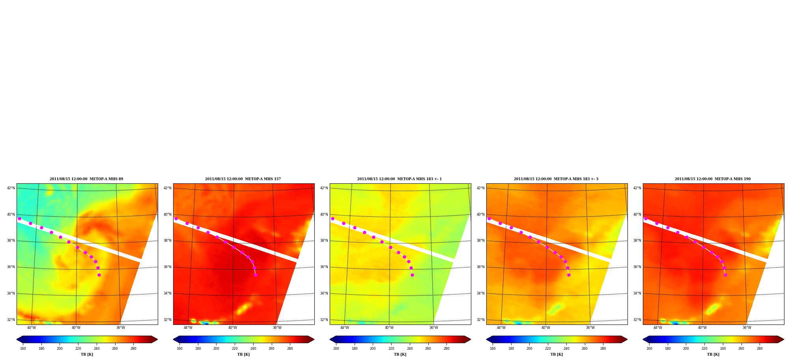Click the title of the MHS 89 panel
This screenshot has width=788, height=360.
click(x=86, y=179)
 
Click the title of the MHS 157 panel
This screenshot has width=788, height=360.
click(x=243, y=179)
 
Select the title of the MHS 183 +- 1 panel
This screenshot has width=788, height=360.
click(x=400, y=179)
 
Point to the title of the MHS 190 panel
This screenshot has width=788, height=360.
click(x=713, y=179)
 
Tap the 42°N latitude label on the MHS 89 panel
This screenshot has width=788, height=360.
click(x=11, y=188)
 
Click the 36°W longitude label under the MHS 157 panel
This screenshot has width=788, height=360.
click(x=277, y=328)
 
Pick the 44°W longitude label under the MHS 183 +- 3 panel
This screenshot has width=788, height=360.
click(x=501, y=328)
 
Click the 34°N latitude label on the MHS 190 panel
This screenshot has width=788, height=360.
click(x=637, y=293)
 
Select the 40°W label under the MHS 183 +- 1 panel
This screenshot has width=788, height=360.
click(x=389, y=328)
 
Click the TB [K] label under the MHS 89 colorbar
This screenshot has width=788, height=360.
click(x=87, y=354)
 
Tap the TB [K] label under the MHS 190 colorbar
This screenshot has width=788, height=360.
click(x=713, y=354)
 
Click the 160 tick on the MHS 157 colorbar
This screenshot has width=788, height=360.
click(x=179, y=349)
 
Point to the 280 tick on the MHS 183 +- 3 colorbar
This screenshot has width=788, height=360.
click(x=603, y=349)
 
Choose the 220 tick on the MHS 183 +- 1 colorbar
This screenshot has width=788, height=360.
click(x=391, y=349)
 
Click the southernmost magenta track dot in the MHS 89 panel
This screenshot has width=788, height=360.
click(x=99, y=275)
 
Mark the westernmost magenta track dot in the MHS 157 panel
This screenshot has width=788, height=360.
click(x=176, y=218)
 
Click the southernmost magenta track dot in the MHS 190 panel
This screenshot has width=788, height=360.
click(x=725, y=275)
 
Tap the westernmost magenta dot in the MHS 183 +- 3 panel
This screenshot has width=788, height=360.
click(x=489, y=218)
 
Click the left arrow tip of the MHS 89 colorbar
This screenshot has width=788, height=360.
click(x=17, y=339)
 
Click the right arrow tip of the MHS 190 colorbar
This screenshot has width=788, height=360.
click(x=784, y=339)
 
